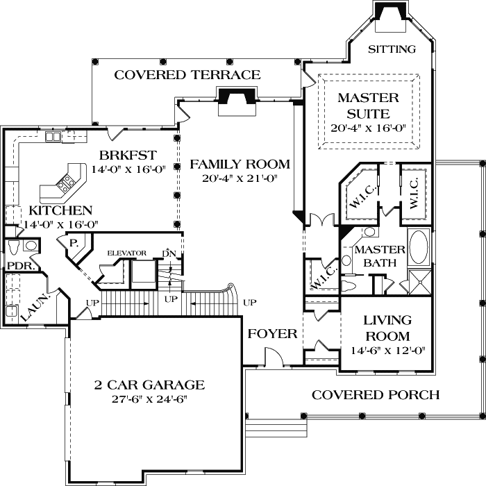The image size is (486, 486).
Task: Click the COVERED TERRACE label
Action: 187,75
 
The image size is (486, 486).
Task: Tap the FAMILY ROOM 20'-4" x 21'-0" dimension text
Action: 240,178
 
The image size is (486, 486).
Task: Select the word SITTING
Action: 392,49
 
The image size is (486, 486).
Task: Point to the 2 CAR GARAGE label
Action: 149,385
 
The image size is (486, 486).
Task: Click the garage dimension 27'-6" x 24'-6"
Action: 150,399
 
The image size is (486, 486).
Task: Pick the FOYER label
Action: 272,334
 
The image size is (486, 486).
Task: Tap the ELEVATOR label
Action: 127,253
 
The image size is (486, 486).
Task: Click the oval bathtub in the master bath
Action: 419,247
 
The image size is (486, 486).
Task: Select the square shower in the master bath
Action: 420,282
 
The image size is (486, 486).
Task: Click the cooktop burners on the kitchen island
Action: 66,182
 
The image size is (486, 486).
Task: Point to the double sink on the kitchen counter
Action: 52,137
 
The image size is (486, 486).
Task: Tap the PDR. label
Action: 21,266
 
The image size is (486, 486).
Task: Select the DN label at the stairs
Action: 169,253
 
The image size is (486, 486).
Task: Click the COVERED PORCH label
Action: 376,395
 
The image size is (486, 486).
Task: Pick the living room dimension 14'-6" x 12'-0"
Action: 387,350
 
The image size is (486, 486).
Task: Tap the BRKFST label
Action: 128,155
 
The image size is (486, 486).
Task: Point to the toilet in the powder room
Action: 14,248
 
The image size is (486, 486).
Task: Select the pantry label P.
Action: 74,243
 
